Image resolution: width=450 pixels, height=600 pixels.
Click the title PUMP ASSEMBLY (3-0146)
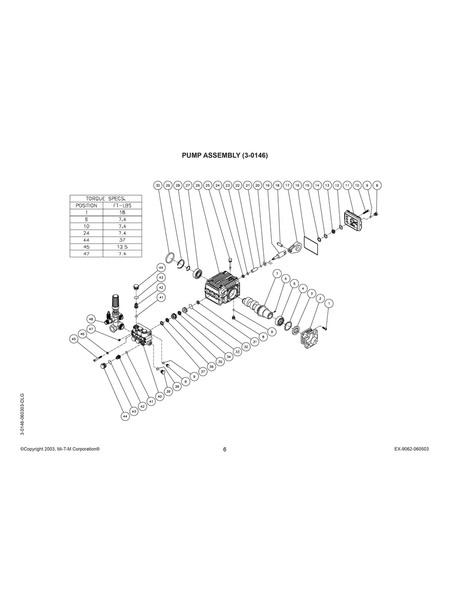(x=225, y=155)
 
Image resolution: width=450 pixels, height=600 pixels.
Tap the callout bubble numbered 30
(x=158, y=185)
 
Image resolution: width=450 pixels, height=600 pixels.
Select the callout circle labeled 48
(x=91, y=319)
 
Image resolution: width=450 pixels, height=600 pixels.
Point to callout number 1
(x=328, y=303)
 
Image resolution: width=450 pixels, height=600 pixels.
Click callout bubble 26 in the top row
(x=198, y=185)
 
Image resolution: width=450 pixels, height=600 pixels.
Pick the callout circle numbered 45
(x=74, y=339)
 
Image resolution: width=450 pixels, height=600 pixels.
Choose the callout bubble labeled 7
(x=277, y=273)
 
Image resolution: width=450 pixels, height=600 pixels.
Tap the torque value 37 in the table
(x=122, y=240)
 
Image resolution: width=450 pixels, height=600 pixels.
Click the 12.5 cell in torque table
(x=122, y=247)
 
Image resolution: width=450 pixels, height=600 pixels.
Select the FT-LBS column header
(x=122, y=205)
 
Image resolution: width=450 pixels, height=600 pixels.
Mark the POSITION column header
(x=86, y=205)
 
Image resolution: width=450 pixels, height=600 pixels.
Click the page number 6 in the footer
(x=225, y=450)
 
